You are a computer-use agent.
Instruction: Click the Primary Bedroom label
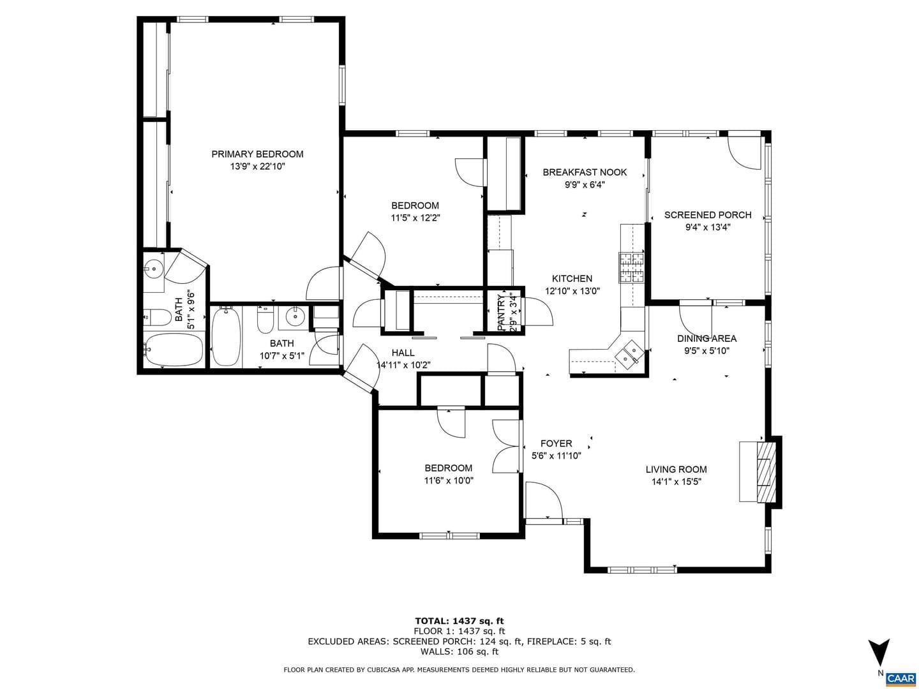pyautogui.click(x=257, y=154)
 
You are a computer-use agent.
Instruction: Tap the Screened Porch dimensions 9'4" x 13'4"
pyautogui.click(x=708, y=227)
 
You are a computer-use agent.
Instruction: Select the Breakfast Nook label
pyautogui.click(x=585, y=172)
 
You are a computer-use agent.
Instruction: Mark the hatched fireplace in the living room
pyautogui.click(x=766, y=471)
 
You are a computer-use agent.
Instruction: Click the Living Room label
pyautogui.click(x=676, y=470)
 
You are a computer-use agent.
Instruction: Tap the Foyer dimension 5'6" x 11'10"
pyautogui.click(x=556, y=456)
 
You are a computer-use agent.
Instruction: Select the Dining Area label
pyautogui.click(x=706, y=338)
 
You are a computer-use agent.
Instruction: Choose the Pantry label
pyautogui.click(x=501, y=313)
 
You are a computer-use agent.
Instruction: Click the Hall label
pyautogui.click(x=403, y=353)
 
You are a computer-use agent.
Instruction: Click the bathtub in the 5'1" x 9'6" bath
pyautogui.click(x=174, y=350)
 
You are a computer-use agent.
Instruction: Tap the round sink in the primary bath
pyautogui.click(x=153, y=267)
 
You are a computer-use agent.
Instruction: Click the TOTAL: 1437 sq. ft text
pyautogui.click(x=459, y=621)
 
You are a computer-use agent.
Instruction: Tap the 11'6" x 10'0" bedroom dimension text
pyautogui.click(x=449, y=480)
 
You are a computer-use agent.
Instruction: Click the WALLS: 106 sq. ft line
pyautogui.click(x=459, y=651)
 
